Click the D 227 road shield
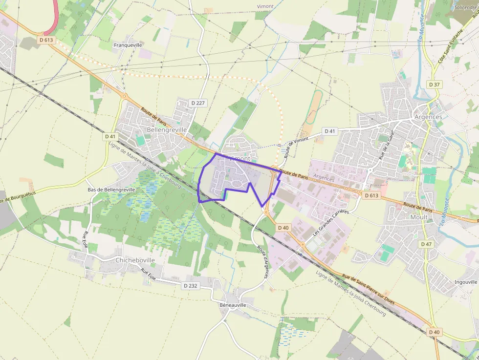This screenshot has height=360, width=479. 198,103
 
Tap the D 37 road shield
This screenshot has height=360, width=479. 434,85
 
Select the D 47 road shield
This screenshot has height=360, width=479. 426,244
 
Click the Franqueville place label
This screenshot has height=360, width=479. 128,45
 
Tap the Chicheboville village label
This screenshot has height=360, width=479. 135,260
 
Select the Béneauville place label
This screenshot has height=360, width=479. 233,305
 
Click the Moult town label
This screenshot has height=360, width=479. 419,217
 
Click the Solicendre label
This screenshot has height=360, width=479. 465,7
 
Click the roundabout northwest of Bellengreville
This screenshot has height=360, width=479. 124,96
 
